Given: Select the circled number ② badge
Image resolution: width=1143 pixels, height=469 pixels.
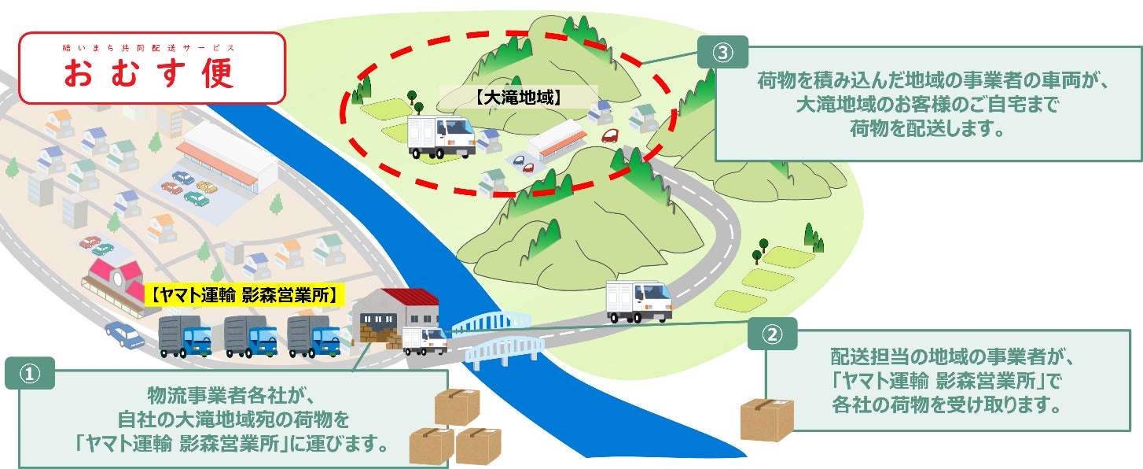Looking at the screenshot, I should (773, 334).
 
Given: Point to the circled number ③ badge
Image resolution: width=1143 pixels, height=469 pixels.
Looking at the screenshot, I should (722, 52).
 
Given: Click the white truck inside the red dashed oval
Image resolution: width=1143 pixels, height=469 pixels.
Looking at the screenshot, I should (441, 137).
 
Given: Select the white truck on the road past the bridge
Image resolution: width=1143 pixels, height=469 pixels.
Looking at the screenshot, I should (638, 301).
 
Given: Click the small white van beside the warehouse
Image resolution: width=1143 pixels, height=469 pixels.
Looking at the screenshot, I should (424, 340).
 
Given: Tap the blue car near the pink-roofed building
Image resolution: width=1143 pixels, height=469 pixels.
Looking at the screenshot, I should (125, 334).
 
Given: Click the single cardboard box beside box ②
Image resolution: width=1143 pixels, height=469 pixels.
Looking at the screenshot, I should (766, 419).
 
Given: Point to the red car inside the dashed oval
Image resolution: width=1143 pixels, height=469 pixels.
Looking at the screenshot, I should (610, 135).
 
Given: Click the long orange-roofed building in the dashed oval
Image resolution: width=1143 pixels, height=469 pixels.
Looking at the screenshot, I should (557, 142).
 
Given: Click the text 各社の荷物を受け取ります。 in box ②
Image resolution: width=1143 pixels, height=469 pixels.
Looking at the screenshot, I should (946, 407).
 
